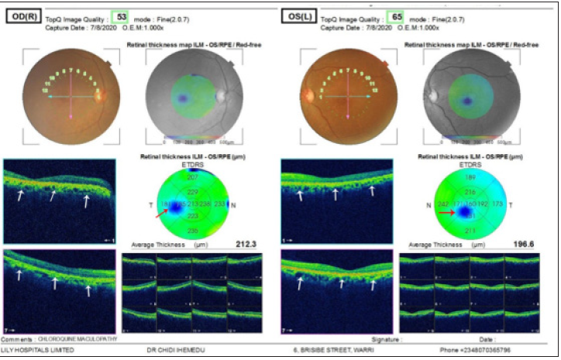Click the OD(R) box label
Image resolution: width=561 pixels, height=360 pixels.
click(25, 16)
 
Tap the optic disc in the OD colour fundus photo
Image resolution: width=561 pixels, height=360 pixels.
click(98, 96)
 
